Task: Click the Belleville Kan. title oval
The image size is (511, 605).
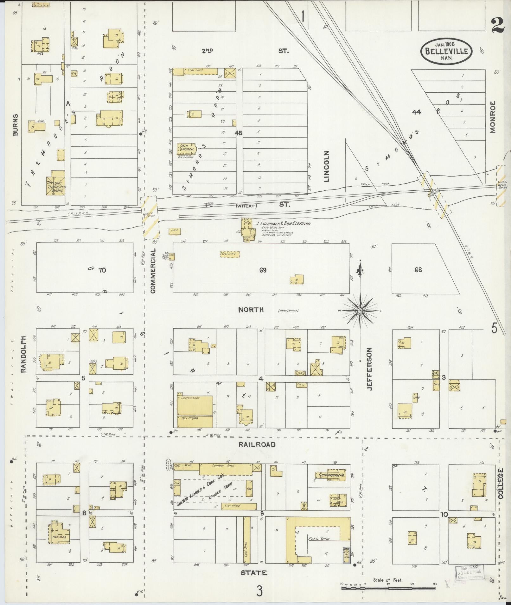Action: click(446, 51)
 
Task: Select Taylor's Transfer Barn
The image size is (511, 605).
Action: click(56, 183)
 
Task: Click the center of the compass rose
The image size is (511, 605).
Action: click(360, 311)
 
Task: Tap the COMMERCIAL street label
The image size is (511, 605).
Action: click(153, 271)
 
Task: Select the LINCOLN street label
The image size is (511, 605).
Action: click(327, 166)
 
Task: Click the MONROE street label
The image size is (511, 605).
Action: click(493, 117)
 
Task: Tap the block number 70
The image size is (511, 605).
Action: click(102, 270)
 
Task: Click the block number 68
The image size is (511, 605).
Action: click(418, 270)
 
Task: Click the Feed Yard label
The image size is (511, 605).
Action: click(319, 539)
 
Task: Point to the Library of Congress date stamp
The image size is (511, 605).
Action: click(470, 573)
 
